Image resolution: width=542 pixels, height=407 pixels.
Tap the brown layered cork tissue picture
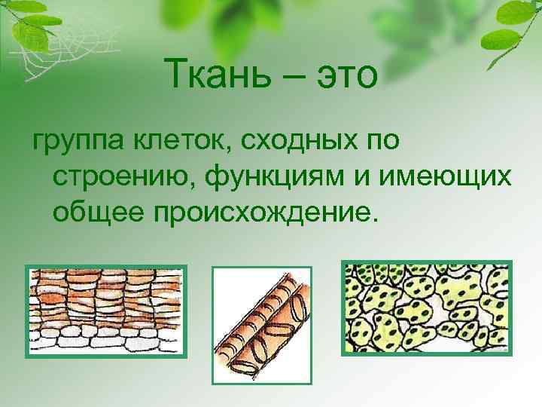(x=105, y=311)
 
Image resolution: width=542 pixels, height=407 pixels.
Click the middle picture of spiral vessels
(x=261, y=322)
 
